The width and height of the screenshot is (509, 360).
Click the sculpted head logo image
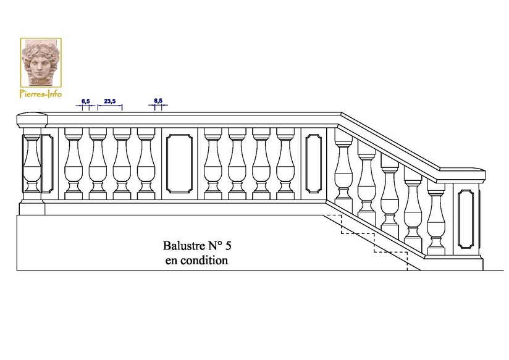(40, 62)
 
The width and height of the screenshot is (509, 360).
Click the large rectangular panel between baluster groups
(179, 163)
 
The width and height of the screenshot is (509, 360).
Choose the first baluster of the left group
(74, 164)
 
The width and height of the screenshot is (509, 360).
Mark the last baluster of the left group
(146, 164)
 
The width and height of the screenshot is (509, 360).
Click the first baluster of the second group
(212, 164)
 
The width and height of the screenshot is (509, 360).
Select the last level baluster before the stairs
(285, 164)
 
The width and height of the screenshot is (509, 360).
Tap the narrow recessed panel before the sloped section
(313, 163)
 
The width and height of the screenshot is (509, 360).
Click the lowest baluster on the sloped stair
(436, 219)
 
